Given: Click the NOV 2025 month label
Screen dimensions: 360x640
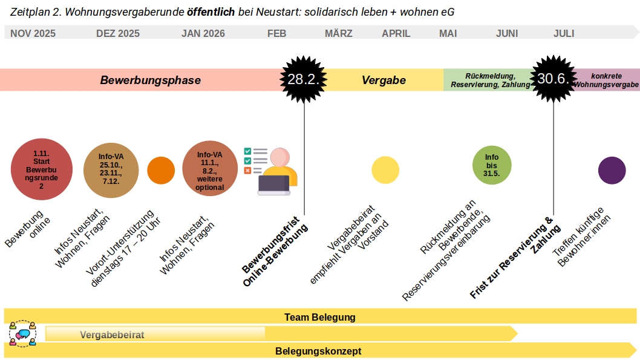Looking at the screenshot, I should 33,33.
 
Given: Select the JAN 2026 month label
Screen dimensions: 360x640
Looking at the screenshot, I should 203,33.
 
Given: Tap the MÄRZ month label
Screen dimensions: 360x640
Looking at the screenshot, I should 338,33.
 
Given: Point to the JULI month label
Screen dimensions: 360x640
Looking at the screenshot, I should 564,33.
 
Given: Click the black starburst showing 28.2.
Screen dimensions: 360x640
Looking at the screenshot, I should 304,79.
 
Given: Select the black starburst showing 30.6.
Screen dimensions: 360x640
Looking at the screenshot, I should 553,79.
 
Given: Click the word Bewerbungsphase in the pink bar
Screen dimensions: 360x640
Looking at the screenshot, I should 150,80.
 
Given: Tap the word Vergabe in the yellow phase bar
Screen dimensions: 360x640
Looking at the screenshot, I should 384,80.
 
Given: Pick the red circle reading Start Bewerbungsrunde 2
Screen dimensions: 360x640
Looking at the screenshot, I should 41,169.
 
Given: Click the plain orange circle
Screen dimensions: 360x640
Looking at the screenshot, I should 161,170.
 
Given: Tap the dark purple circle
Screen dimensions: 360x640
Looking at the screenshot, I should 612,170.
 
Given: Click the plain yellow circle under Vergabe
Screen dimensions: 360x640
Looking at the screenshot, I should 385,170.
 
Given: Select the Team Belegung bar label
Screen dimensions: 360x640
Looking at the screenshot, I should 320,316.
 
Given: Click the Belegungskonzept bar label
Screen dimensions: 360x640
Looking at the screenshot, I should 318,351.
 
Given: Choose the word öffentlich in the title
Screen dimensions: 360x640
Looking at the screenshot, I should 211,12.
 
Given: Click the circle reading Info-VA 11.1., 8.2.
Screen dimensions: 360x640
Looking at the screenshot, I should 210,170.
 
